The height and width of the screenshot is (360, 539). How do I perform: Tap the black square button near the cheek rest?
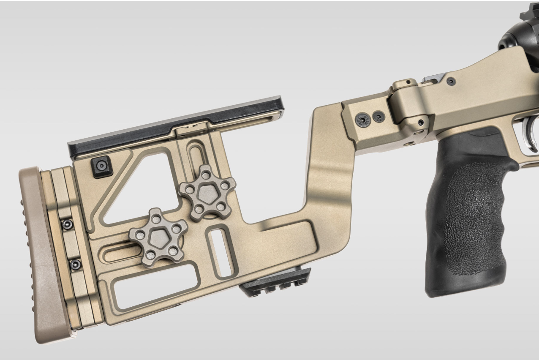pyautogui.click(x=102, y=167)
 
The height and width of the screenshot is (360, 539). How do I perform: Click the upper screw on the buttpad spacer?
pyautogui.click(x=67, y=224)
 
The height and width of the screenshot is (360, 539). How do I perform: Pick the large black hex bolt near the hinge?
pyautogui.click(x=363, y=119)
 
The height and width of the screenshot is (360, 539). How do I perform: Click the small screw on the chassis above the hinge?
pyautogui.click(x=451, y=81)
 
